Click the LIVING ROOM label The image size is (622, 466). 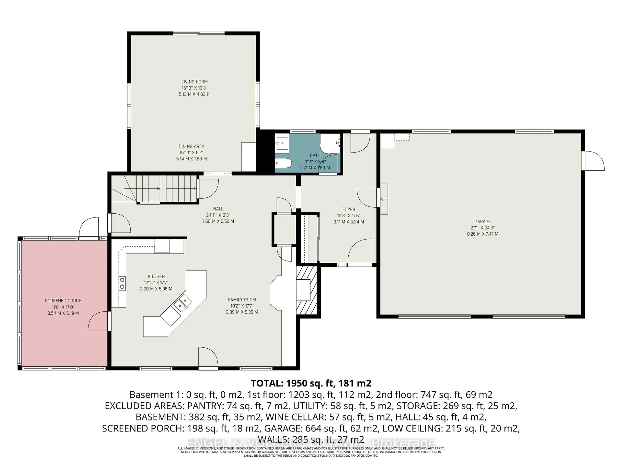[x=194, y=82]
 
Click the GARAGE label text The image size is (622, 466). [x=483, y=222]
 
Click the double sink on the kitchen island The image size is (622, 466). [x=183, y=304]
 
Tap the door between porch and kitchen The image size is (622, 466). [x=98, y=321]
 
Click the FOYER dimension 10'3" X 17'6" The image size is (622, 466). [x=349, y=216]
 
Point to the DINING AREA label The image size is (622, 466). [x=191, y=146]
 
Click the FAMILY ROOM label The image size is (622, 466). [x=242, y=300]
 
